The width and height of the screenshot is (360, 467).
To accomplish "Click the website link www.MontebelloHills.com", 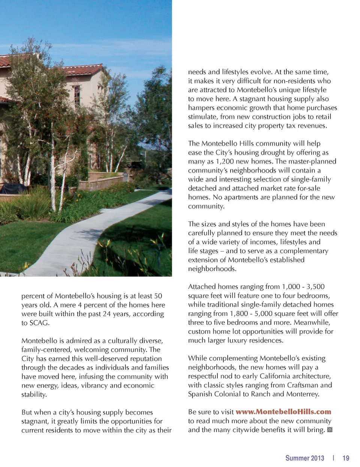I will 283,412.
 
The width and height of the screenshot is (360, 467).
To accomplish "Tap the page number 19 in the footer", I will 346,458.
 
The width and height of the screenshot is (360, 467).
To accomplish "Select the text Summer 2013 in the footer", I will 304,458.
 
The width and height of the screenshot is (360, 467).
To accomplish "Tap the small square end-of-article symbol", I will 330,430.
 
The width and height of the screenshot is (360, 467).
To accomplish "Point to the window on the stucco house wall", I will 76,95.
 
